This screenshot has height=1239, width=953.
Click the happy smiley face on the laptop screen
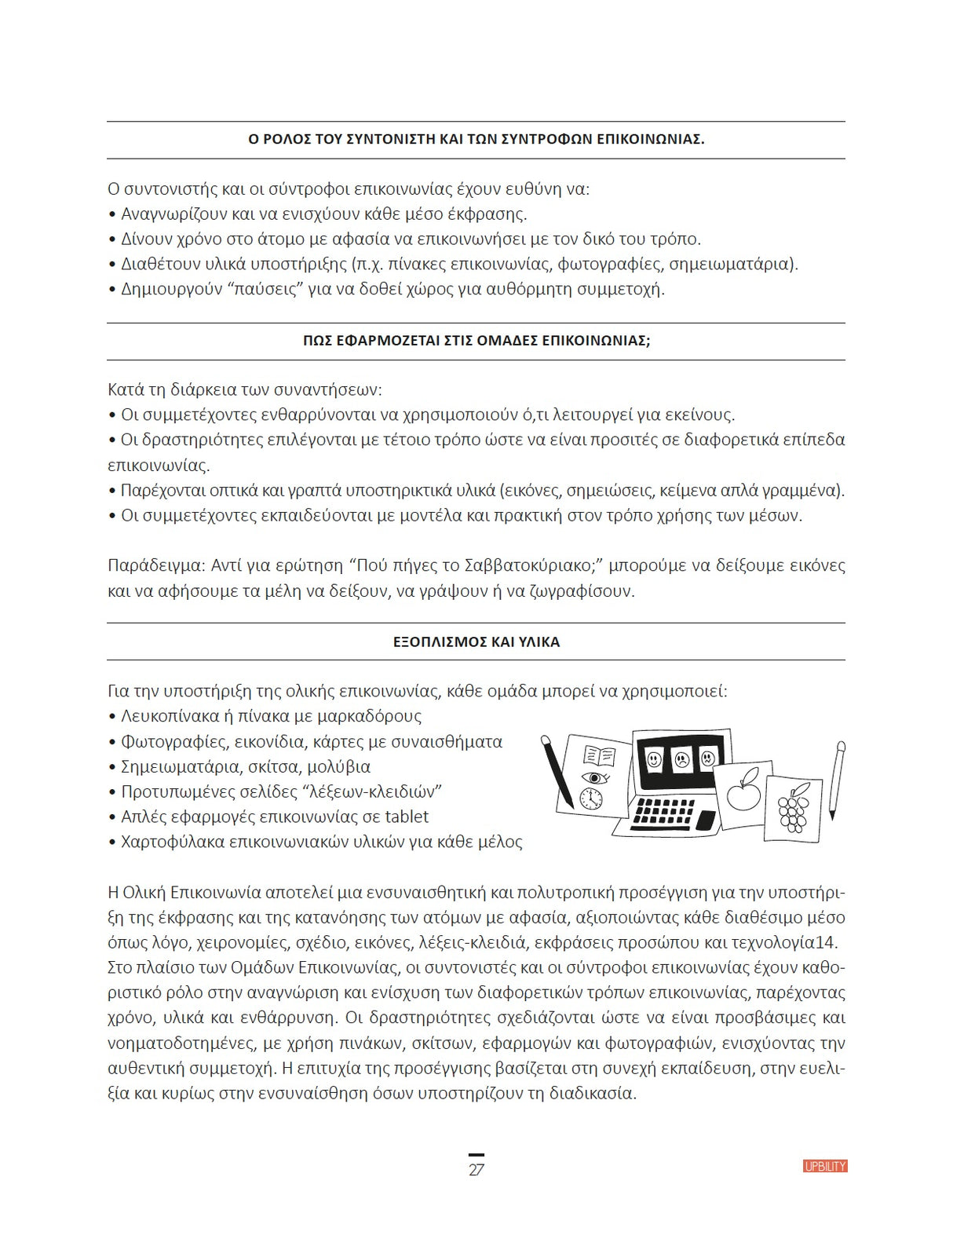[x=654, y=759]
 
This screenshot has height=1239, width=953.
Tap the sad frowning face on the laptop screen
[x=681, y=759]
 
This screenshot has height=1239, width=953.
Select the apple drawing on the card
[x=743, y=790]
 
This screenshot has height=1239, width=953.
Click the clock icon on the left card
[x=590, y=799]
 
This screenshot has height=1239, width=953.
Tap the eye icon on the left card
[x=594, y=778]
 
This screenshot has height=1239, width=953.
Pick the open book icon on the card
[x=600, y=756]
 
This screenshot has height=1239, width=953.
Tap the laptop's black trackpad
[x=707, y=820]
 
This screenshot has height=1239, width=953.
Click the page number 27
[x=476, y=1170]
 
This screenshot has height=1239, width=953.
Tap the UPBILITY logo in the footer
[x=825, y=1167]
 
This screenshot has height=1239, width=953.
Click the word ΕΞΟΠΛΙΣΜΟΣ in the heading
[x=440, y=642]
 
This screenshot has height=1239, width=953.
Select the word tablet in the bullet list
[x=407, y=817]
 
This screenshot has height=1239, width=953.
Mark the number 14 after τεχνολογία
[x=827, y=942]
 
